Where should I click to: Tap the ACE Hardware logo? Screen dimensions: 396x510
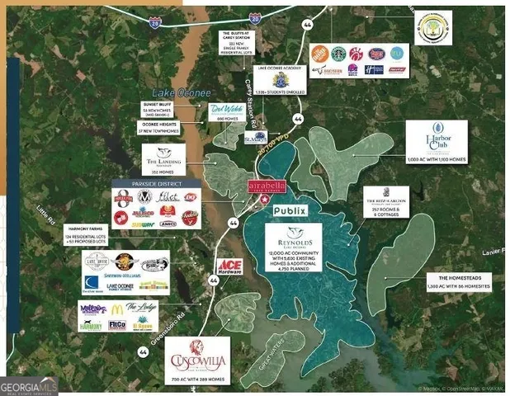tap(229, 266)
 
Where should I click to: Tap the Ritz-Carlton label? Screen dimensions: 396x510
tap(386, 202)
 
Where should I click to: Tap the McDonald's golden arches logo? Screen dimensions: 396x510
tap(118, 309)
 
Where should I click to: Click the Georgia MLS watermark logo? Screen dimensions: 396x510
tap(27, 385)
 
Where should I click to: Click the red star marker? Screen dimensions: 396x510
tap(265, 200)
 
